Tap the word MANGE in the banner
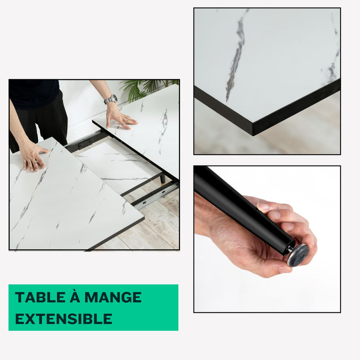click(x=113, y=297)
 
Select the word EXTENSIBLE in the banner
click(x=63, y=319)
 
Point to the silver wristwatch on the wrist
click(x=111, y=99)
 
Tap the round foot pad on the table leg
click(x=298, y=255)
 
